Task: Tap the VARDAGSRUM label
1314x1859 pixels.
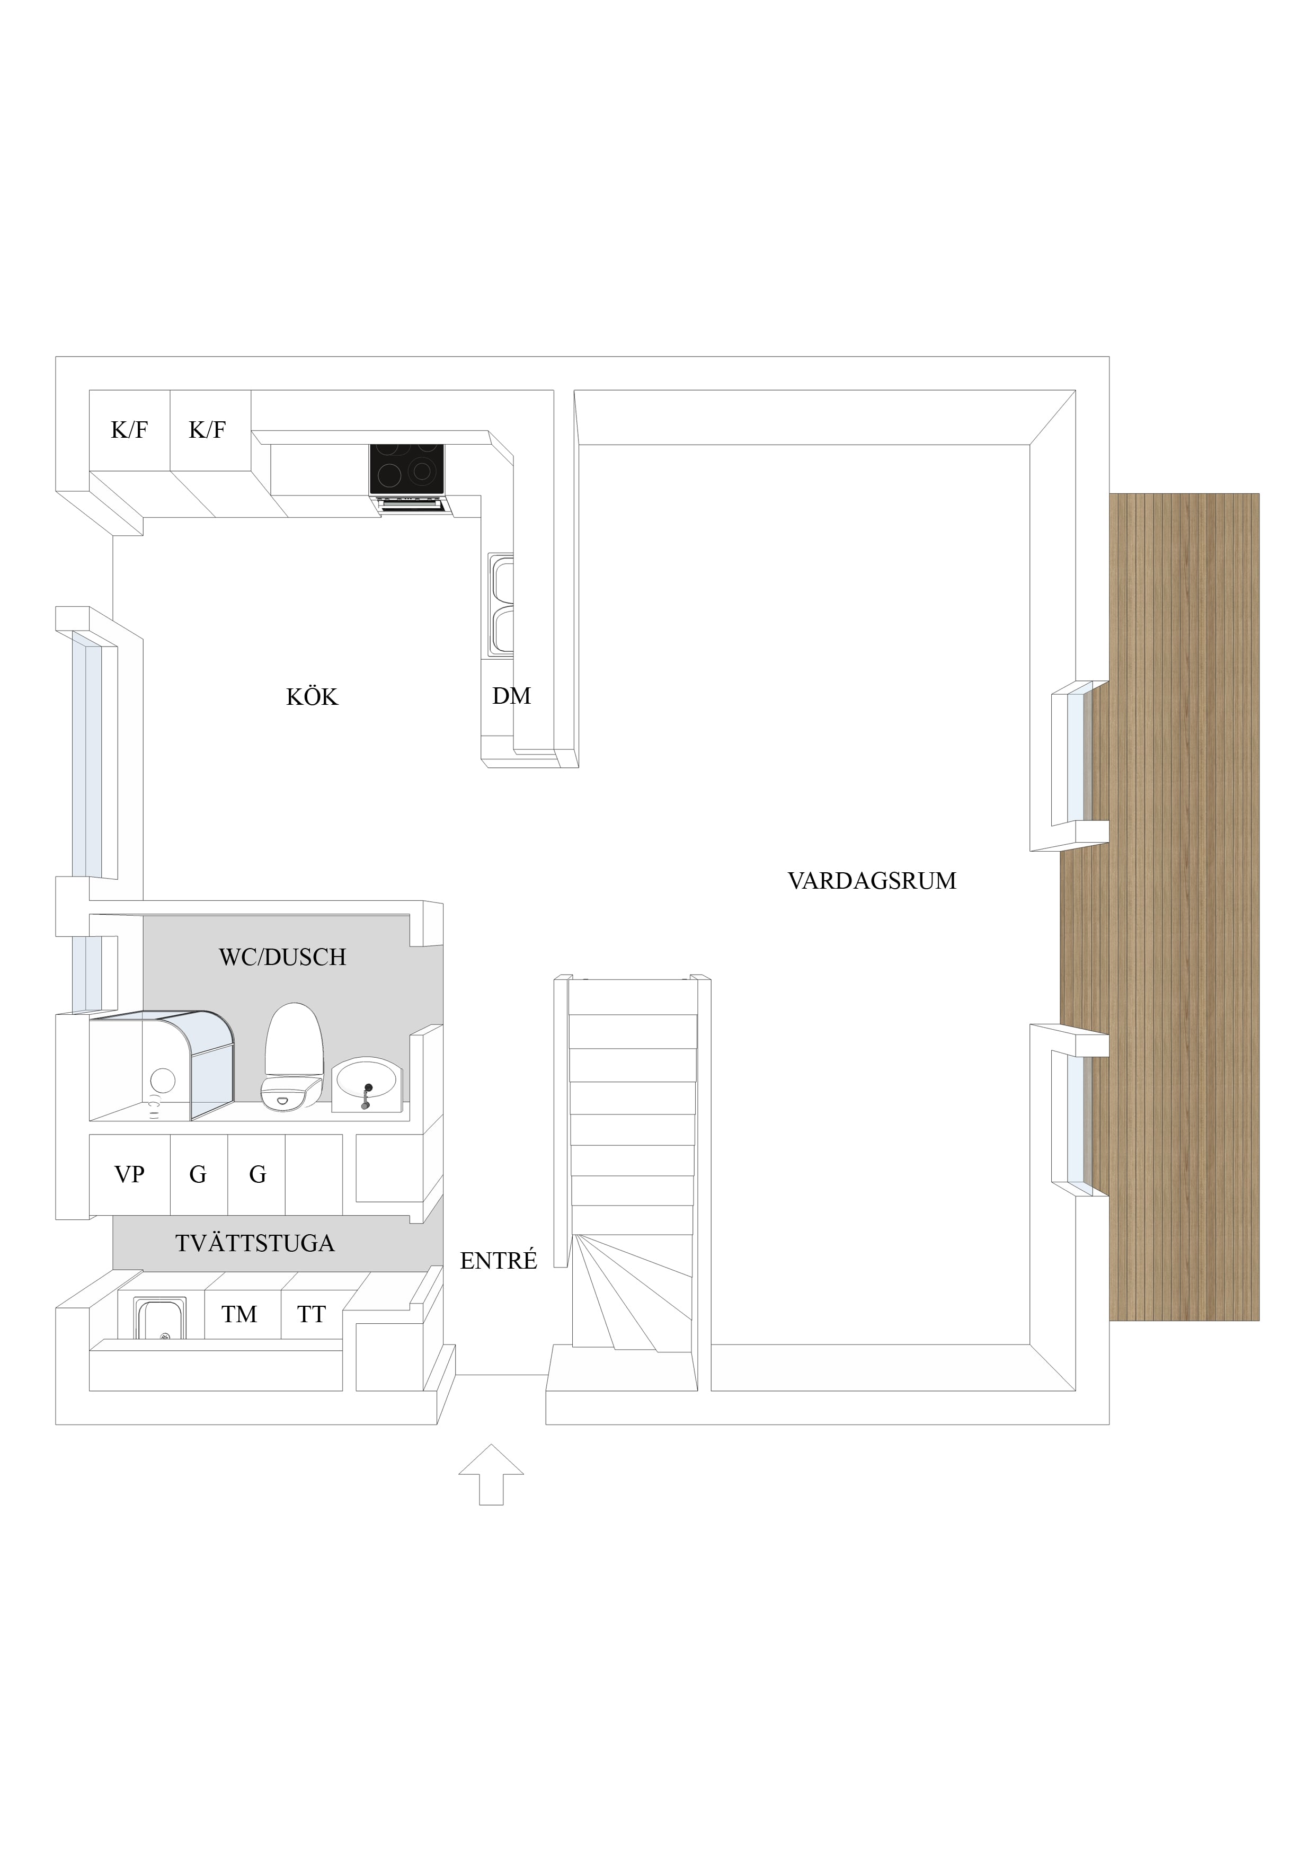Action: (x=872, y=881)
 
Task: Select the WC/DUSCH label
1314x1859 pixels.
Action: (x=282, y=957)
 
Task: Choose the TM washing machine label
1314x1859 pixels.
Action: (x=239, y=1314)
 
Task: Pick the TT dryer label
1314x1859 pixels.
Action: (x=312, y=1314)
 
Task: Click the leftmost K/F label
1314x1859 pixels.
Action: (x=129, y=429)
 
